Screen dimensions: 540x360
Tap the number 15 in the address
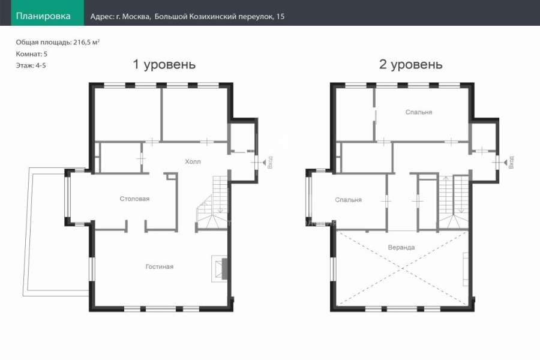pyautogui.click(x=280, y=16)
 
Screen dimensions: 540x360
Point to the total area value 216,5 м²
pyautogui.click(x=86, y=43)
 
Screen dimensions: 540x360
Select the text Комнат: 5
pyautogui.click(x=32, y=54)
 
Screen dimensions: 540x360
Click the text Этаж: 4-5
pyautogui.click(x=31, y=65)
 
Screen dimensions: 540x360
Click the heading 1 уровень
pyautogui.click(x=164, y=64)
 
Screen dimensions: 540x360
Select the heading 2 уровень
pyautogui.click(x=410, y=64)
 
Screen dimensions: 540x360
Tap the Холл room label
pyautogui.click(x=193, y=161)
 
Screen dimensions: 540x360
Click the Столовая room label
pyautogui.click(x=134, y=199)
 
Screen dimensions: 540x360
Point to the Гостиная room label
pyautogui.click(x=160, y=266)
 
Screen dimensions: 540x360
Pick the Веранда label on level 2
pyautogui.click(x=401, y=247)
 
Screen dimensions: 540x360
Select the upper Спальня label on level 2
pyautogui.click(x=419, y=112)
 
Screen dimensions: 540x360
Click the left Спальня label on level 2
pyautogui.click(x=348, y=200)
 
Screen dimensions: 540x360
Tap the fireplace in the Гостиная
pyautogui.click(x=220, y=269)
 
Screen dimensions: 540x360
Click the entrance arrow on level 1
pyautogui.click(x=264, y=161)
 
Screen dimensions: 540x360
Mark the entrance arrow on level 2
pyautogui.click(x=505, y=161)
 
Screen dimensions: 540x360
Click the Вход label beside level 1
pyautogui.click(x=270, y=162)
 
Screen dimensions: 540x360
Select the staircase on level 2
pyautogui.click(x=453, y=202)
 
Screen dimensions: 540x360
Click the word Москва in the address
pyautogui.click(x=136, y=16)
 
